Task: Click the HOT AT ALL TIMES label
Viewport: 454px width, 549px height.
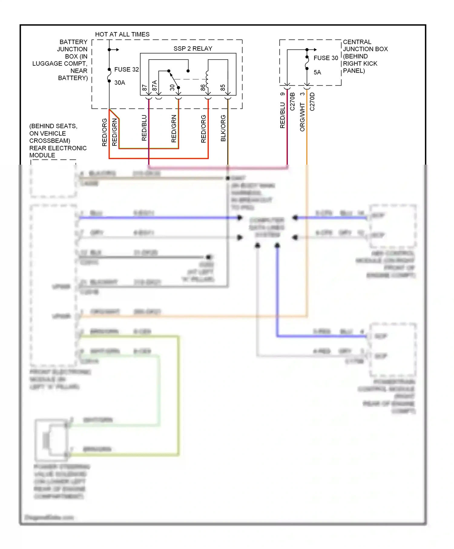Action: (x=122, y=35)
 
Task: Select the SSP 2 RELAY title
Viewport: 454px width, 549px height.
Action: (x=193, y=49)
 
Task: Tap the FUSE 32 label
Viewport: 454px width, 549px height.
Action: (x=127, y=70)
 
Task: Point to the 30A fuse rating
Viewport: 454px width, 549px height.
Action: (x=120, y=83)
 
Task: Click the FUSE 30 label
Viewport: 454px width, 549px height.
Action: (x=326, y=58)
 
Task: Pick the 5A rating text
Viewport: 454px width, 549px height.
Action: (x=317, y=72)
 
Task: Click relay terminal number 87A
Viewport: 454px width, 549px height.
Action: (x=155, y=86)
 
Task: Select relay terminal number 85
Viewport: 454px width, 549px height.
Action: (x=223, y=87)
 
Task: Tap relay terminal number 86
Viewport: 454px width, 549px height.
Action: (x=203, y=87)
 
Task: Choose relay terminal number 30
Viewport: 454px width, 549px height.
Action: (x=172, y=87)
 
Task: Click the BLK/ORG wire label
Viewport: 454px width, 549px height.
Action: (x=223, y=128)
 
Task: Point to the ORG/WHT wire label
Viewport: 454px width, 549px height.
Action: (x=302, y=117)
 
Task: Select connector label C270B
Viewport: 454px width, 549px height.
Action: (x=292, y=101)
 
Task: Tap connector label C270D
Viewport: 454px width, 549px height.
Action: (x=312, y=101)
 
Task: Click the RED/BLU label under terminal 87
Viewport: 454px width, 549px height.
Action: (x=144, y=128)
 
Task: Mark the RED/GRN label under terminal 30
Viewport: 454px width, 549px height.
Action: (x=174, y=128)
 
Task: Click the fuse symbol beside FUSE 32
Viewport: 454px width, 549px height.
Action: (x=109, y=75)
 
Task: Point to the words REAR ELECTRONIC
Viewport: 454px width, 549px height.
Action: (x=58, y=148)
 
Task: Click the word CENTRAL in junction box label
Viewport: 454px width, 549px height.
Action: (x=357, y=42)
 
